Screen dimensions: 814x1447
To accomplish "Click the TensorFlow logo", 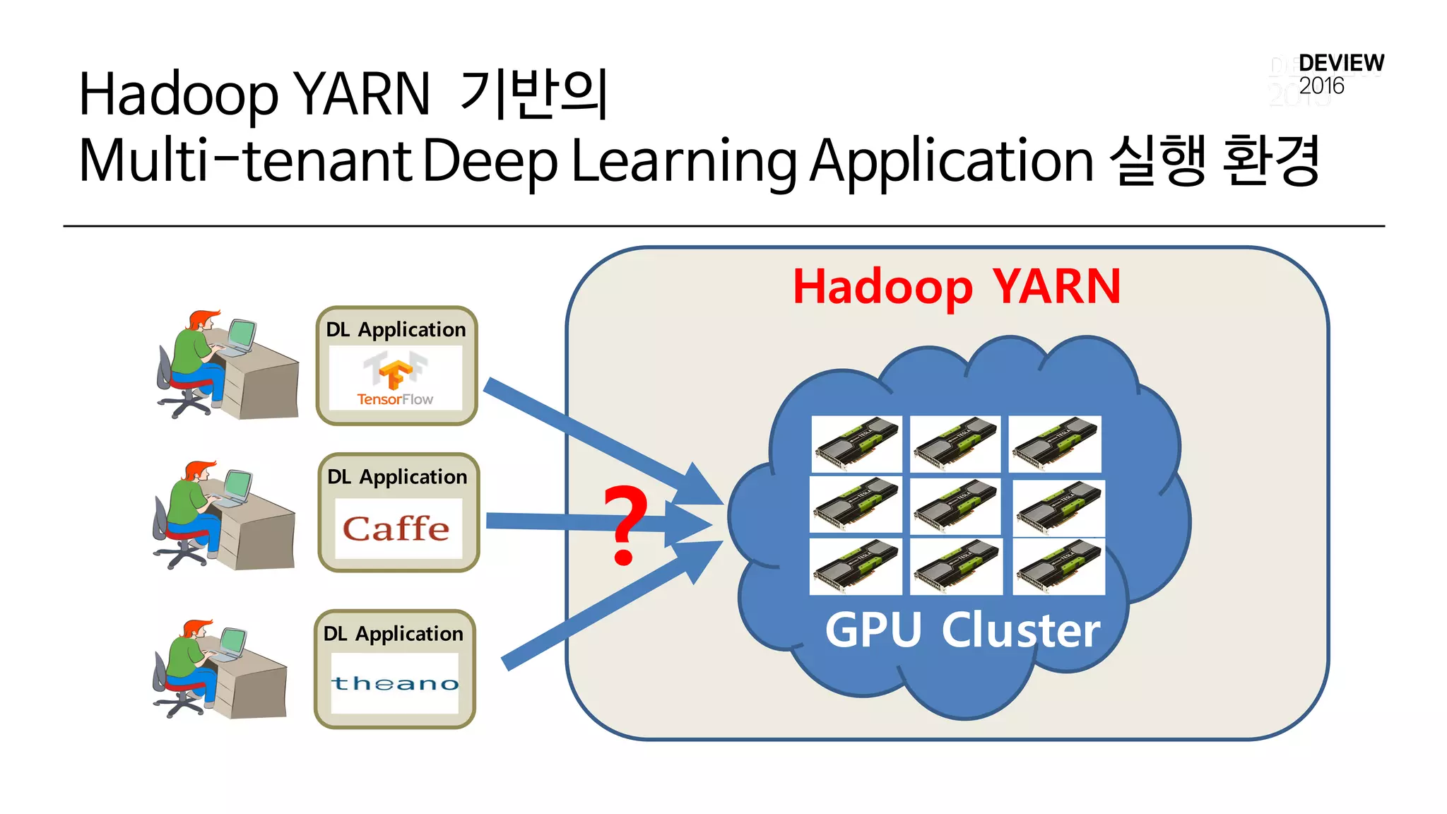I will point(396,379).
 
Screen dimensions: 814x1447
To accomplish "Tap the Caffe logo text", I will point(396,529).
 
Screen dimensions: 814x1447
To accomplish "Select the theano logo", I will point(395,683).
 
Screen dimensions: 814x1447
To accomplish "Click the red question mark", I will point(625,524).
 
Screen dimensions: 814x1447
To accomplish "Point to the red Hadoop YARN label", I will point(956,287).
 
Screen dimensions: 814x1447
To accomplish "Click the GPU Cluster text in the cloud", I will point(962,630).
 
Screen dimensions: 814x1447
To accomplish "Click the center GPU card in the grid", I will point(955,505).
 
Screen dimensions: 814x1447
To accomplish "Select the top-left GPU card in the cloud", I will point(856,444).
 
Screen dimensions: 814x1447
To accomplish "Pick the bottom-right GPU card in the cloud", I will point(1058,567).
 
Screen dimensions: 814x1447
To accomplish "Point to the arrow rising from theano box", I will point(601,615).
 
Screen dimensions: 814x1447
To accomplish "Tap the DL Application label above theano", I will point(394,633).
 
